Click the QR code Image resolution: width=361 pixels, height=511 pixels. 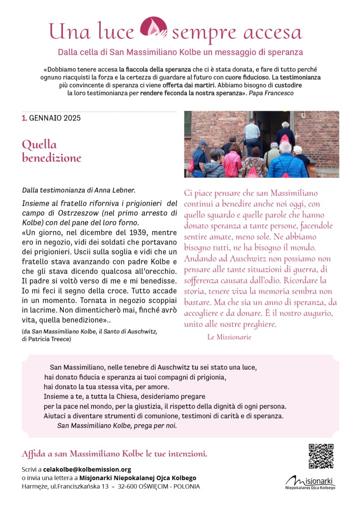pyautogui.click(x=321, y=456)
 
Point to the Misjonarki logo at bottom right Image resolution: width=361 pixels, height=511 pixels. pyautogui.click(x=310, y=483)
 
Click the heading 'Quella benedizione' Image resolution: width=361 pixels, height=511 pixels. pyautogui.click(x=51, y=151)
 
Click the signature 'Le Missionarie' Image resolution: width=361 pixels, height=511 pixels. pyautogui.click(x=229, y=337)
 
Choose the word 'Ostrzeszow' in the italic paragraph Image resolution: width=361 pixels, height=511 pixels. pyautogui.click(x=61, y=213)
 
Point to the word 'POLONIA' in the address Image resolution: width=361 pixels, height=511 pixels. pyautogui.click(x=186, y=486)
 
